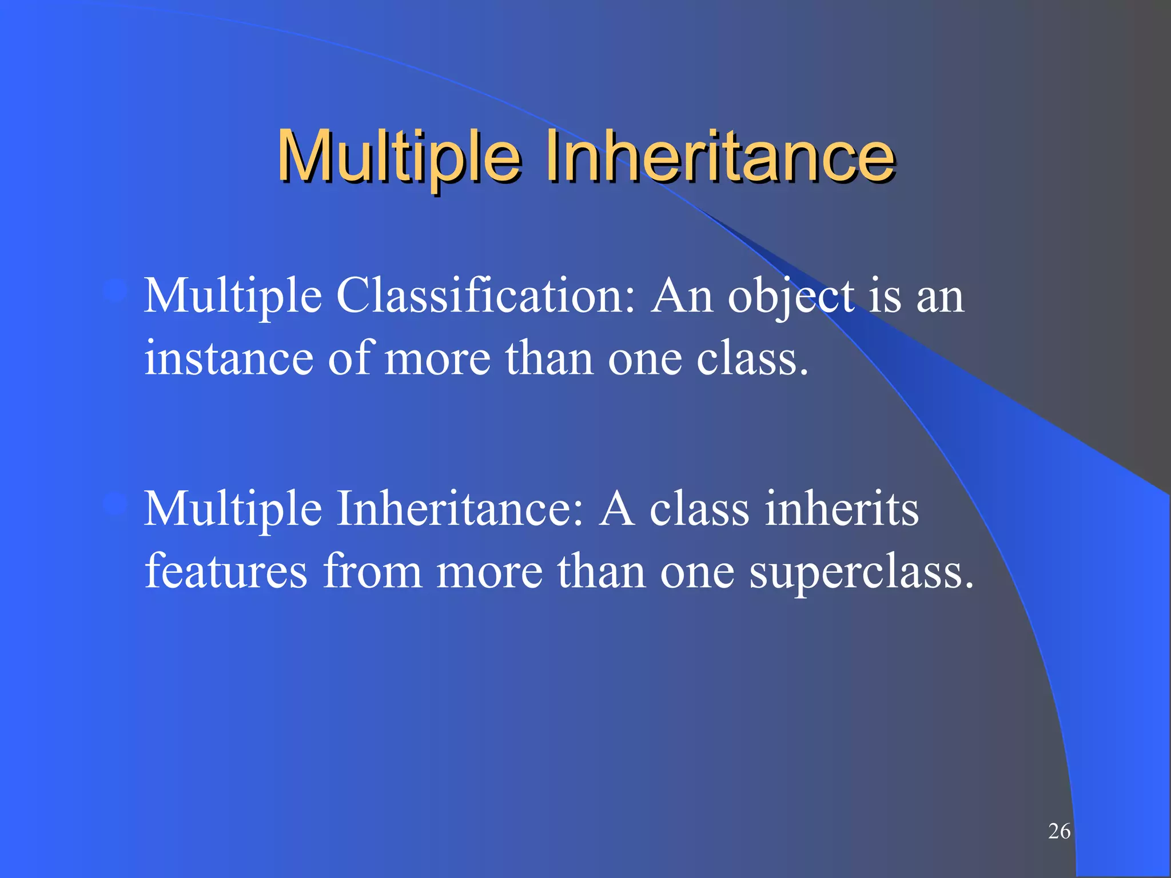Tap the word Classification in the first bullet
tap(485, 296)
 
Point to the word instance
tap(229, 359)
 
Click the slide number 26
tap(1059, 831)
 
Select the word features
tap(226, 571)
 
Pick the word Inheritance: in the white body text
tap(460, 509)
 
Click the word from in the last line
tap(372, 571)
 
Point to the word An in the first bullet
tap(682, 296)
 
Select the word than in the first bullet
tap(549, 359)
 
